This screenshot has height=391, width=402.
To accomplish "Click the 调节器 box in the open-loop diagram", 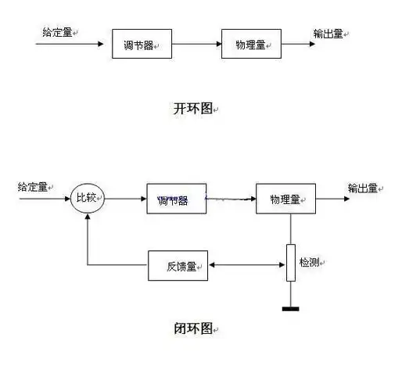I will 142,45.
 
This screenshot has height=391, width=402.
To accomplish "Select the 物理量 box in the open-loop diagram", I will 251,45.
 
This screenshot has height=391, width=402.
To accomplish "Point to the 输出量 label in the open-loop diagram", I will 328,33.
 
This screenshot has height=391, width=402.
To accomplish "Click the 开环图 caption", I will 192,108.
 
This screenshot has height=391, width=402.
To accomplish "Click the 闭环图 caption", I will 192,328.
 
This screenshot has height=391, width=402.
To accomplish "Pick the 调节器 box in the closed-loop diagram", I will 176,199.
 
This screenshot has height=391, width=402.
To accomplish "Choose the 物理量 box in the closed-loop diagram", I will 285,199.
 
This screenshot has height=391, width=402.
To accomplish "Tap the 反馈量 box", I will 178,266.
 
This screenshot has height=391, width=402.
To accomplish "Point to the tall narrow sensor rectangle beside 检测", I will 290,263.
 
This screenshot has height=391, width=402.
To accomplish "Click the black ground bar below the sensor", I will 290,308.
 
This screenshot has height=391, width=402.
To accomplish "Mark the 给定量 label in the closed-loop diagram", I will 33,188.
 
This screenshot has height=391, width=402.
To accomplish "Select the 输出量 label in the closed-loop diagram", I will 363,188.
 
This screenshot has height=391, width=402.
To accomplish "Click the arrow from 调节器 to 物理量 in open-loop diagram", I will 196,45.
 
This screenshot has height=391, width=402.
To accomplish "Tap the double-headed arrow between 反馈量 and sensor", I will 246,266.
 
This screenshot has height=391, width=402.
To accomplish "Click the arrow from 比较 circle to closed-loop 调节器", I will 124,199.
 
